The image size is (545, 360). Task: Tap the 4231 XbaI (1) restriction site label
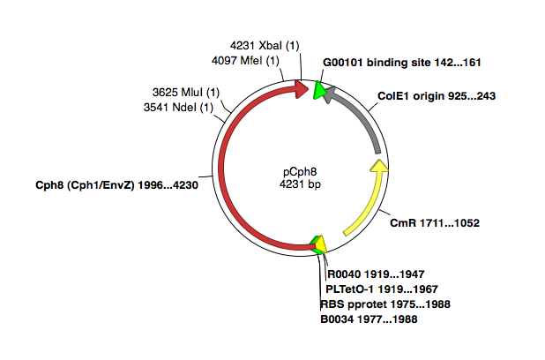(x=265, y=46)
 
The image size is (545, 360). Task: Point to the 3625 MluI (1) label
(x=186, y=93)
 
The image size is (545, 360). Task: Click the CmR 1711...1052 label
(x=434, y=223)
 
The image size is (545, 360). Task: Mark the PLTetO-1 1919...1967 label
(x=382, y=289)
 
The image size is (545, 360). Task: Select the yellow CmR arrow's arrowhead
(x=377, y=167)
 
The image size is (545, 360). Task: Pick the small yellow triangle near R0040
(x=321, y=243)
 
